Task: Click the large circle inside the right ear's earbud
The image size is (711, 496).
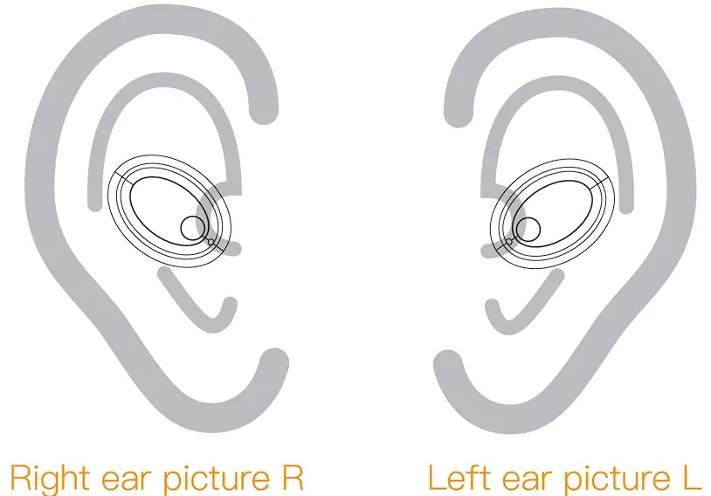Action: point(192,228)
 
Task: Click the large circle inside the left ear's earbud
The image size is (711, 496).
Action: point(527,230)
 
